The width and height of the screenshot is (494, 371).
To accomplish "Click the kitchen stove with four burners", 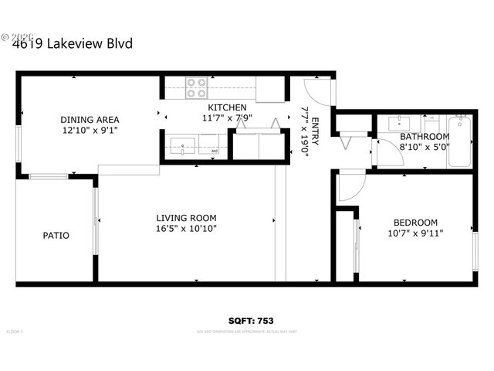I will tap(196, 89).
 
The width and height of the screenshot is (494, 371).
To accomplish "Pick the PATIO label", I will tap(56, 235).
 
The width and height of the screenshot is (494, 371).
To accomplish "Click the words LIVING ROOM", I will tap(186, 218).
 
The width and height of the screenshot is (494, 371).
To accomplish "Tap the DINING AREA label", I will tap(90, 119).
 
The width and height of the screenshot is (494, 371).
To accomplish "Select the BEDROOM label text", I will tap(415, 221).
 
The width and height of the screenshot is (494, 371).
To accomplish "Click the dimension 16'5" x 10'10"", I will tap(186, 229).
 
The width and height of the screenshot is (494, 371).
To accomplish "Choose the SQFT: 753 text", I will tap(252, 320).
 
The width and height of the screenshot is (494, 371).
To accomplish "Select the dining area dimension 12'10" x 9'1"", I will tap(90, 130).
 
